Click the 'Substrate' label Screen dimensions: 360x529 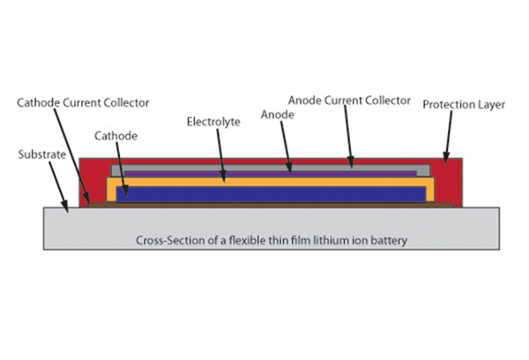point(41,154)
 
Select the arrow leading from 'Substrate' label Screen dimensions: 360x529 point(58,187)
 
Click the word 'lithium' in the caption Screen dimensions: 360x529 point(328,240)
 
